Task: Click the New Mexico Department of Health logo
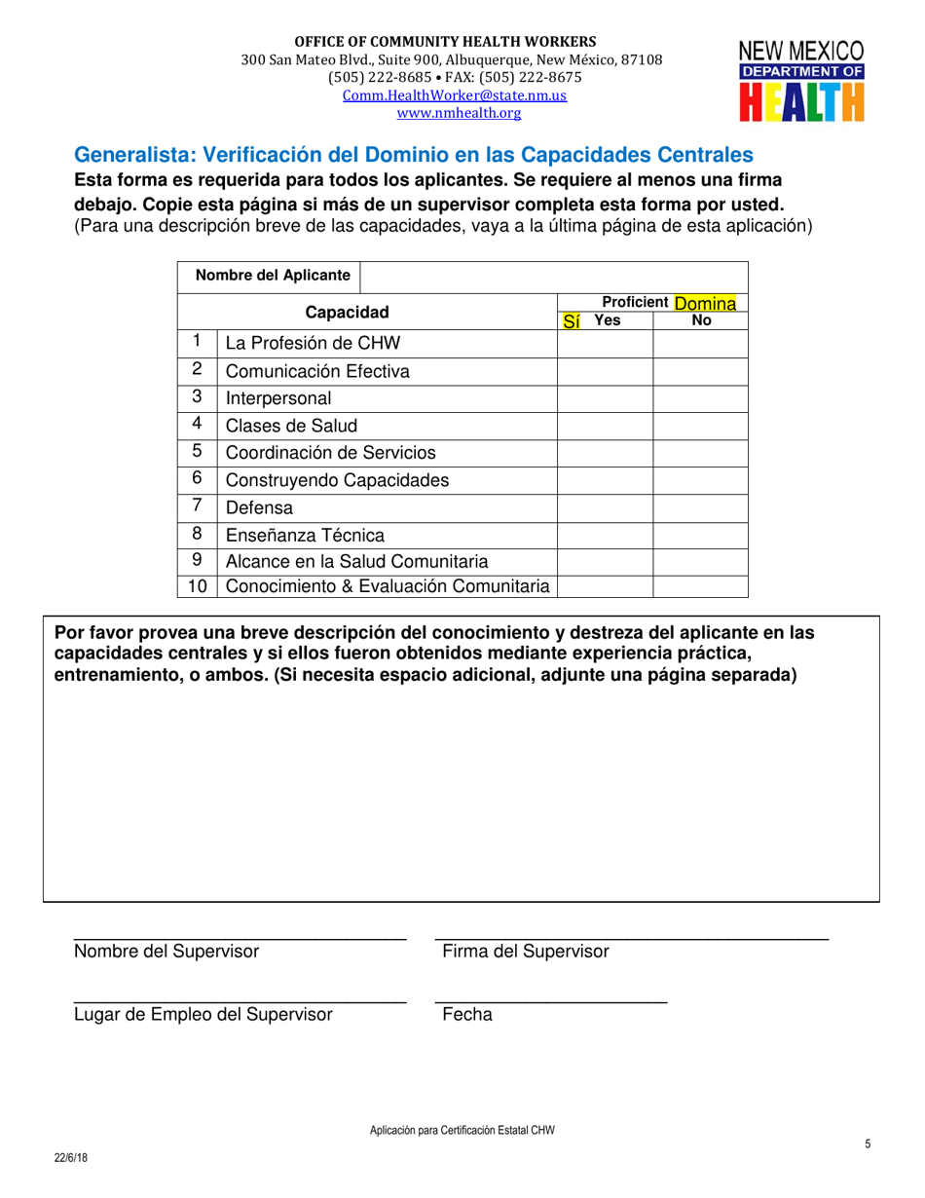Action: coord(800,82)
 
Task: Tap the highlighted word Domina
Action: coord(701,304)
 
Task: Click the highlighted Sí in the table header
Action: coord(572,320)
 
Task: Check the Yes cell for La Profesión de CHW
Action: coord(604,343)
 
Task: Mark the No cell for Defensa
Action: coord(699,506)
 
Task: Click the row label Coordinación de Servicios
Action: coord(330,452)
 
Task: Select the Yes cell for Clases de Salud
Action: coord(604,425)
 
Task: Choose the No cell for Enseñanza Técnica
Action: coord(699,534)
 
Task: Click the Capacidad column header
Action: coord(348,312)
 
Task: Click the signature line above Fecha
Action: coord(550,1002)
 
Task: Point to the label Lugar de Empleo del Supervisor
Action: coord(203,1015)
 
